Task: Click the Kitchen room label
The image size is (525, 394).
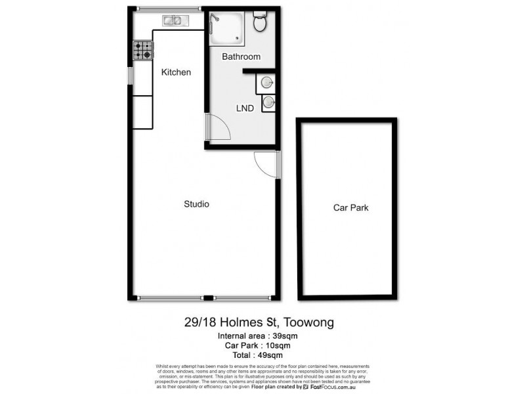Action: pyautogui.click(x=176, y=72)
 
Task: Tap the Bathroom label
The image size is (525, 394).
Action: pyautogui.click(x=241, y=56)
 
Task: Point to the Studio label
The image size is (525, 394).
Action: pyautogui.click(x=196, y=204)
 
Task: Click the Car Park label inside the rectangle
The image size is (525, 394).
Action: pyautogui.click(x=351, y=208)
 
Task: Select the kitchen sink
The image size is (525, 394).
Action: pyautogui.click(x=174, y=21)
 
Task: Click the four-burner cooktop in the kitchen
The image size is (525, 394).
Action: pyautogui.click(x=143, y=51)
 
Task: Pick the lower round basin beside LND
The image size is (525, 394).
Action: pyautogui.click(x=268, y=102)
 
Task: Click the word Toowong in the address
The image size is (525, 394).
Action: pyautogui.click(x=309, y=322)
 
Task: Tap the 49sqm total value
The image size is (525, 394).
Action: pyautogui.click(x=278, y=355)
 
